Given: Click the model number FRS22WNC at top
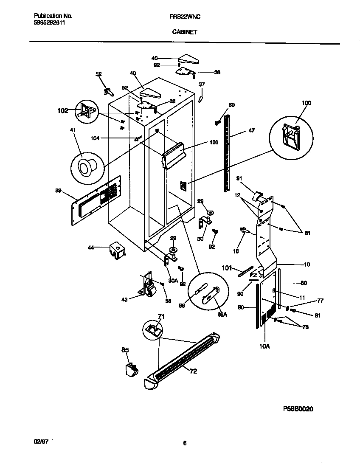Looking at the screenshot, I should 185,16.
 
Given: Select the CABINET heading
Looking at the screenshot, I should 184,31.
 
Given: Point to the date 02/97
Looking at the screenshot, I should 41,442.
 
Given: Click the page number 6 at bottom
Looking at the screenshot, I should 185,443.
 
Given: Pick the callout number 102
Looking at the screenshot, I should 62,111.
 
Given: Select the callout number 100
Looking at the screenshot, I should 306,103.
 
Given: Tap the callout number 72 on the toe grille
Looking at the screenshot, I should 193,371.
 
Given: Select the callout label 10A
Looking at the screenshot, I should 264,346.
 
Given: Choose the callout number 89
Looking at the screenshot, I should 58,191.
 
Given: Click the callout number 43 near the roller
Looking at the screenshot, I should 124,300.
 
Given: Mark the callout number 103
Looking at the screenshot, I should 214,143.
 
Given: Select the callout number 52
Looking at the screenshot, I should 98,74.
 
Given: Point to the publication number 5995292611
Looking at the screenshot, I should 50,23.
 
